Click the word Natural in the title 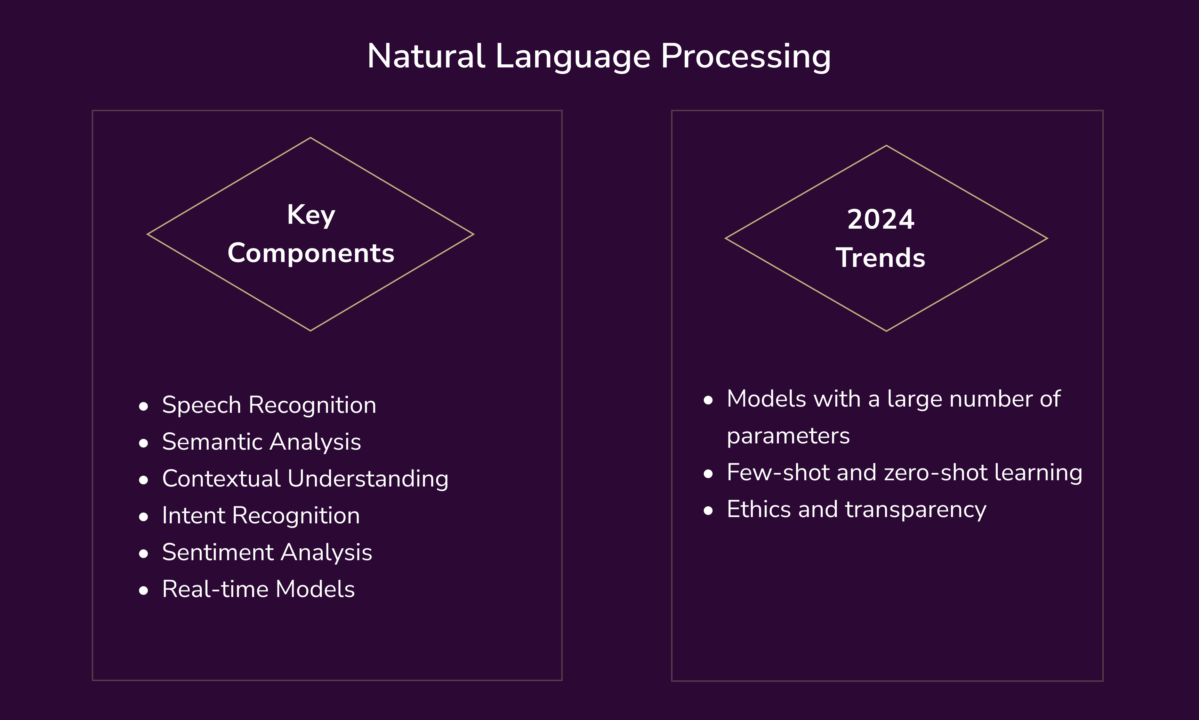(x=426, y=56)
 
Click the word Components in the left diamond (x=311, y=253)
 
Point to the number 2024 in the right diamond (x=880, y=219)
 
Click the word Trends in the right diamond (x=880, y=257)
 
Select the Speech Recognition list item (x=269, y=405)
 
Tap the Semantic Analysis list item (x=261, y=442)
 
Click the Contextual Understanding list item (x=305, y=479)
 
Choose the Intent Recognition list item (x=261, y=516)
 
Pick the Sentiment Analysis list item (x=267, y=553)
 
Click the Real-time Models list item (x=258, y=589)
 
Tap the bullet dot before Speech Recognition (x=143, y=407)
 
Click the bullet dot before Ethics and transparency (x=708, y=511)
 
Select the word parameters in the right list (x=788, y=436)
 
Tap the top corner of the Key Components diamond (x=311, y=138)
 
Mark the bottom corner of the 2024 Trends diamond (x=886, y=331)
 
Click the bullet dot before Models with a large (x=708, y=400)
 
